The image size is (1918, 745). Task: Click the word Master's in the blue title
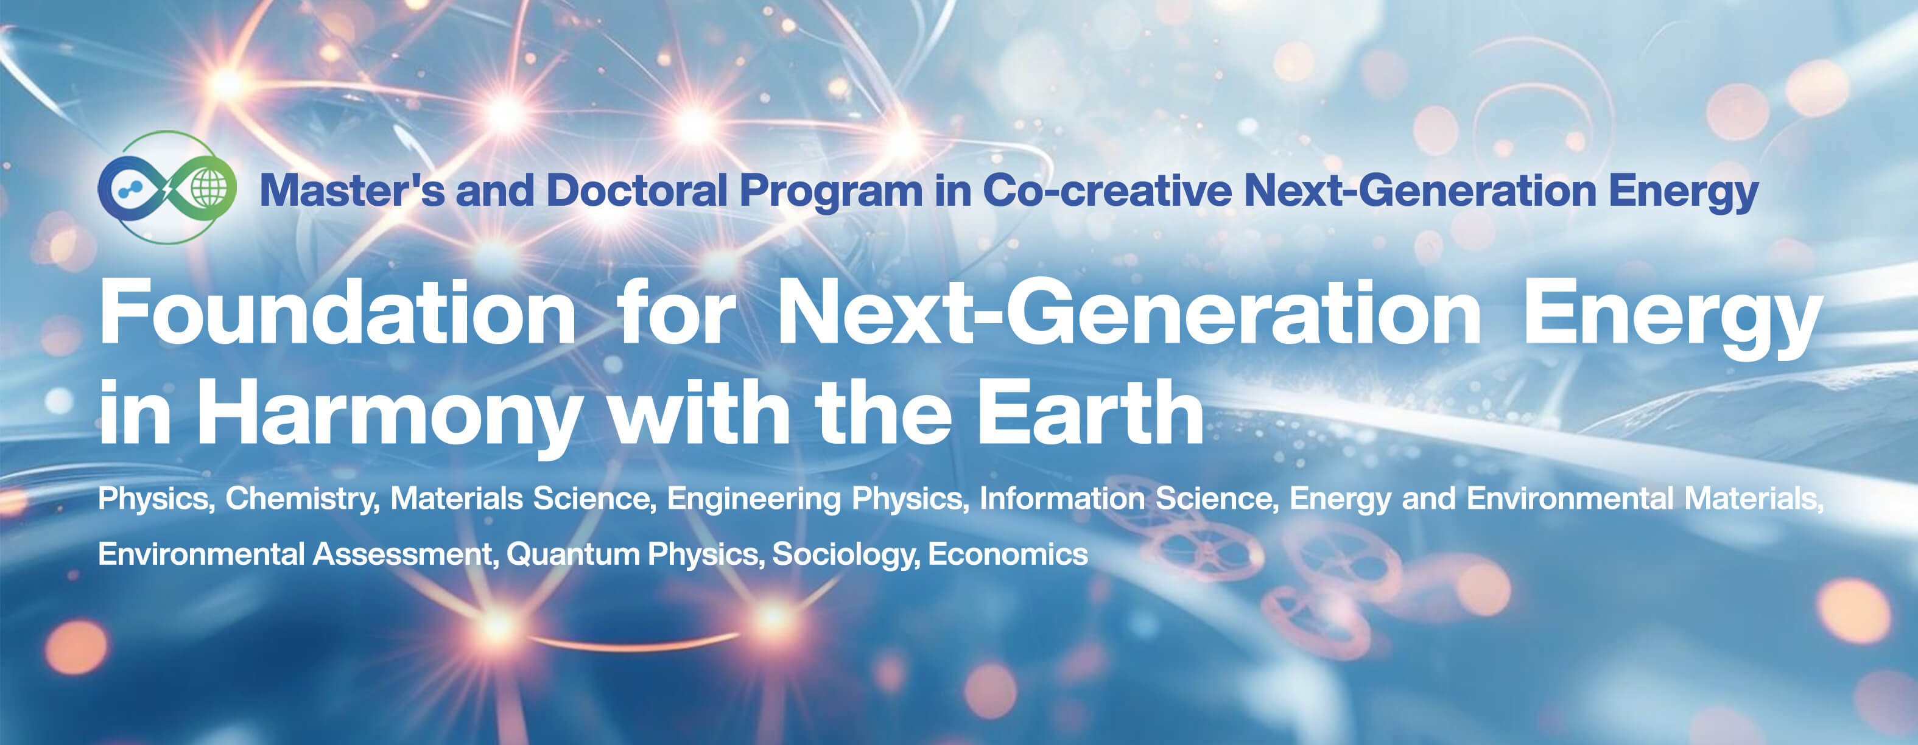point(352,191)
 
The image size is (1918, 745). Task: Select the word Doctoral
point(637,191)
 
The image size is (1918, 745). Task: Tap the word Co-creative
point(1107,191)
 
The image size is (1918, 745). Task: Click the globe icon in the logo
point(209,187)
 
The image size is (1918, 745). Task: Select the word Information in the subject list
point(1062,498)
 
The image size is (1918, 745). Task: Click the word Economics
point(1008,554)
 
